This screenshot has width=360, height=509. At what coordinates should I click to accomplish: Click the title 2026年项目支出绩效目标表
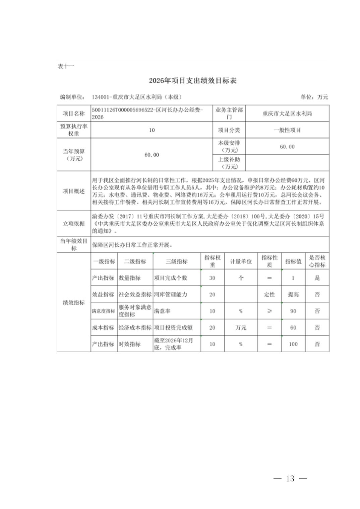[x=193, y=81]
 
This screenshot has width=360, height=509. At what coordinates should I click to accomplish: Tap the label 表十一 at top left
[x=66, y=66]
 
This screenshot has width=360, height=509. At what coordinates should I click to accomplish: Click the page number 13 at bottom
[x=290, y=478]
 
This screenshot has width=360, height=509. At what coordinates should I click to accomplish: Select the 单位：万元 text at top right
[x=314, y=97]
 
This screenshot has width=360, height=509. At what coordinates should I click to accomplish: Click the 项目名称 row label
[x=74, y=114]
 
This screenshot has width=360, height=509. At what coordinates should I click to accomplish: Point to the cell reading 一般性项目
[x=287, y=130]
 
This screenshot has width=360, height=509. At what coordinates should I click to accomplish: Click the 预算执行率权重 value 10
[x=152, y=130]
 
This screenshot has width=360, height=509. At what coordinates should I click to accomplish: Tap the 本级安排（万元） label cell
[x=229, y=146]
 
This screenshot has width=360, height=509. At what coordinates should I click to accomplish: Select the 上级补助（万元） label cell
[x=229, y=163]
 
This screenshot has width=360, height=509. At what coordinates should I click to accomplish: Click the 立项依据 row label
[x=74, y=223]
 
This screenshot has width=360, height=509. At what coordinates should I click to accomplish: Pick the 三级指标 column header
[x=177, y=261]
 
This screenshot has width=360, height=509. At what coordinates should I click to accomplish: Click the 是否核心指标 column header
[x=317, y=261]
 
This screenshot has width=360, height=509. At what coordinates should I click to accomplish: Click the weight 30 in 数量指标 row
[x=212, y=278]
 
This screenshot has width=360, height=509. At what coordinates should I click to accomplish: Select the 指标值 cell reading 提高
[x=293, y=294]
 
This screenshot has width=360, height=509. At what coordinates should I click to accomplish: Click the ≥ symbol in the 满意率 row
[x=269, y=311]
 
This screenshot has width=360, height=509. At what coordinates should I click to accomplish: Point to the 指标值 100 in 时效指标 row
[x=293, y=344]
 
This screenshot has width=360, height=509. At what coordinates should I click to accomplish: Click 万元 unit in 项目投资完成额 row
[x=241, y=328]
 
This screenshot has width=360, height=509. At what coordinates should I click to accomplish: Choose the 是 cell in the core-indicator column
[x=317, y=278]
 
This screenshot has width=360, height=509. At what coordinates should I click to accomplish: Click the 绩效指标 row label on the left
[x=74, y=302]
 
